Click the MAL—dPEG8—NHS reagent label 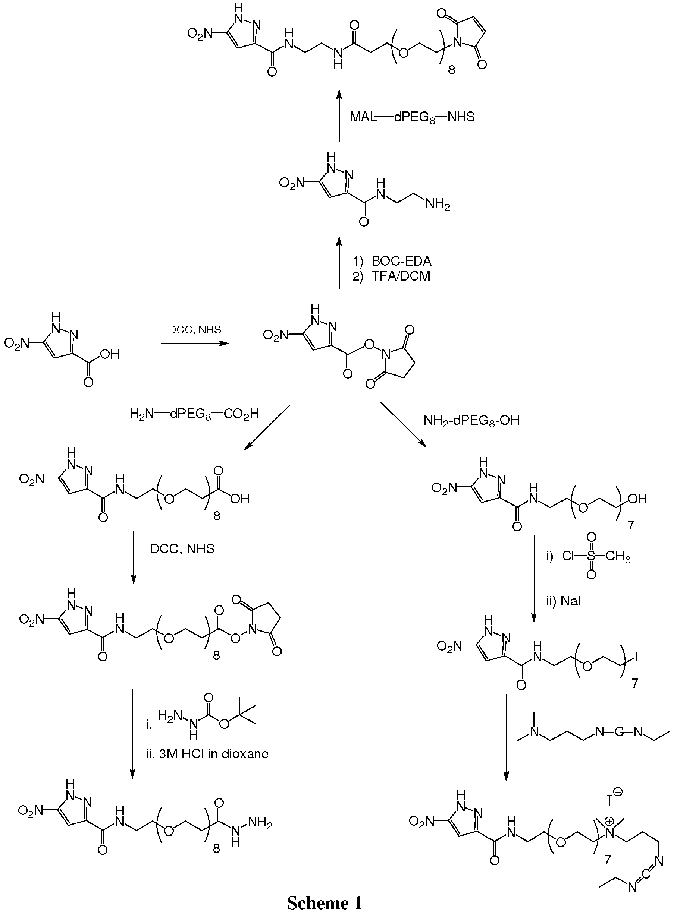pos(413,117)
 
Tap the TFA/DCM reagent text pos(401,276)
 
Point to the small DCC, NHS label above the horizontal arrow pos(195,329)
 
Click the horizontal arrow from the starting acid pos(195,344)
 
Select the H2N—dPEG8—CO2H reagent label pos(194,415)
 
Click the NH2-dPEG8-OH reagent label pos(471,420)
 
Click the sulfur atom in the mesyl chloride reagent pos(591,556)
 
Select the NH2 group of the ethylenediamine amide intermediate pos(438,204)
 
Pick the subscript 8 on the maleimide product pos(451,70)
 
